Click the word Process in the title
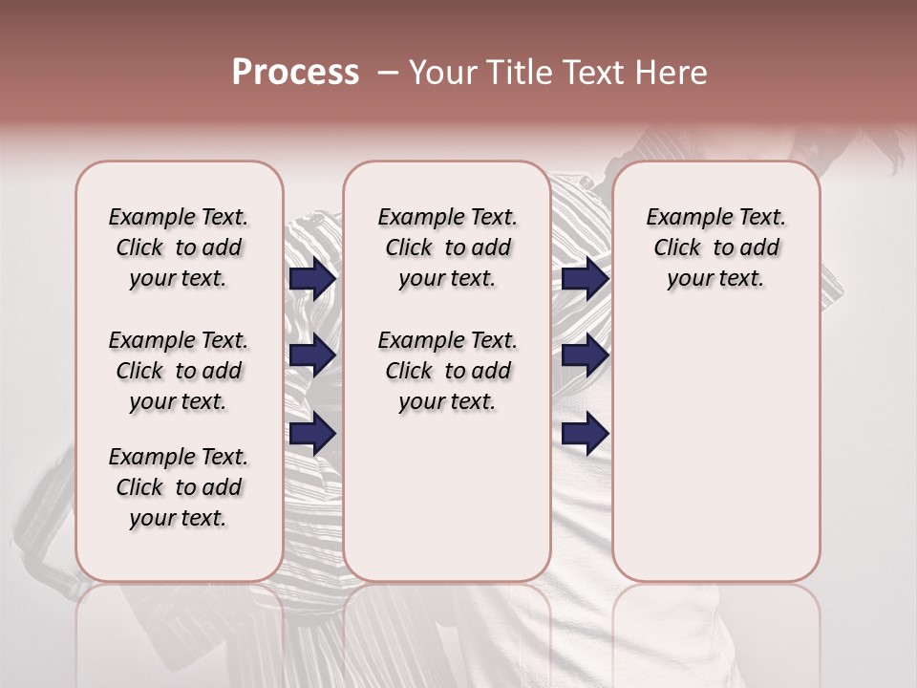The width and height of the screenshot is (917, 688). (x=295, y=73)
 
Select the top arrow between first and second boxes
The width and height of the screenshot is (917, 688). (x=312, y=278)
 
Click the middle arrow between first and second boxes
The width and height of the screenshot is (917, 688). (x=312, y=356)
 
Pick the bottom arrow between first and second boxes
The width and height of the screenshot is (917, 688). (x=312, y=434)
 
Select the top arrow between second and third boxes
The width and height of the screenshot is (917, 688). (x=585, y=278)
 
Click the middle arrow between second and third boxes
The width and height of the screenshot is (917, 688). (x=585, y=356)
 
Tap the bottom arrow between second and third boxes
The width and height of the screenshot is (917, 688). (x=585, y=434)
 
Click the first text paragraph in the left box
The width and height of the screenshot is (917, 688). (x=179, y=247)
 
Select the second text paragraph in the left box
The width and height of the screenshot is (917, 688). (x=179, y=371)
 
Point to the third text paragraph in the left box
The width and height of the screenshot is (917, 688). (x=179, y=487)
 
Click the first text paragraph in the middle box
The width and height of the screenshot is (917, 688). (x=447, y=247)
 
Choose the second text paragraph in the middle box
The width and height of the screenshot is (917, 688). (x=447, y=371)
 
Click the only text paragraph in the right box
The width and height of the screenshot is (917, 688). (x=716, y=247)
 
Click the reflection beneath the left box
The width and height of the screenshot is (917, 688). (x=180, y=631)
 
